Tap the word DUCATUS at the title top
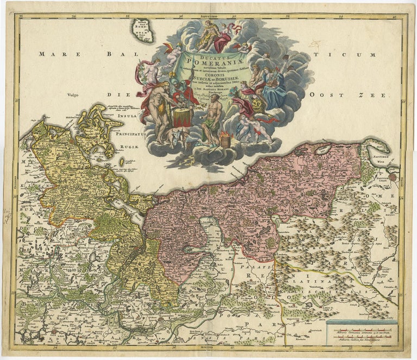coord(213,55)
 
